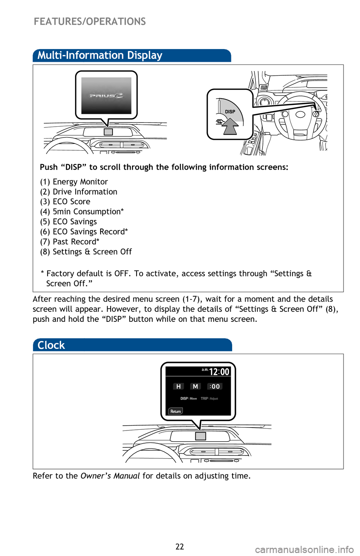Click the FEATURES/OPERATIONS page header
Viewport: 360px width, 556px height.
coord(90,21)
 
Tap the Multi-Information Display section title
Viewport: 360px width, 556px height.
coord(100,55)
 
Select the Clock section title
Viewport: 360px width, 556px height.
coord(51,345)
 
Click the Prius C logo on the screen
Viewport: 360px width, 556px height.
coord(106,96)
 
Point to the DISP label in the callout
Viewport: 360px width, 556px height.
coord(230,112)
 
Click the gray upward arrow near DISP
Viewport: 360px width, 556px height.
coord(230,126)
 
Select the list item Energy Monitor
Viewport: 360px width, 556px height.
coord(74,182)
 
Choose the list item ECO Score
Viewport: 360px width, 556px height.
coord(65,202)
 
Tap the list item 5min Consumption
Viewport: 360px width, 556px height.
coord(82,212)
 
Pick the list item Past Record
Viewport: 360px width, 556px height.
coord(70,242)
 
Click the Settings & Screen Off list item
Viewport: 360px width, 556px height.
coord(86,252)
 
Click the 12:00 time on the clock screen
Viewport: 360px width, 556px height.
coord(219,372)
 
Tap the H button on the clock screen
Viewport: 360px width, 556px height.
coord(178,386)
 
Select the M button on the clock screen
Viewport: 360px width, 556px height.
coord(195,386)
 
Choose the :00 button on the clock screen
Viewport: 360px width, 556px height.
coord(215,386)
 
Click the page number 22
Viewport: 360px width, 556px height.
coord(180,547)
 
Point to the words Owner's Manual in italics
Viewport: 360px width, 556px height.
coord(110,476)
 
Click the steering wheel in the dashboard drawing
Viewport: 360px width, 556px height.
coord(300,116)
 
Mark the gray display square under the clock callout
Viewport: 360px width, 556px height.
coord(201,436)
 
